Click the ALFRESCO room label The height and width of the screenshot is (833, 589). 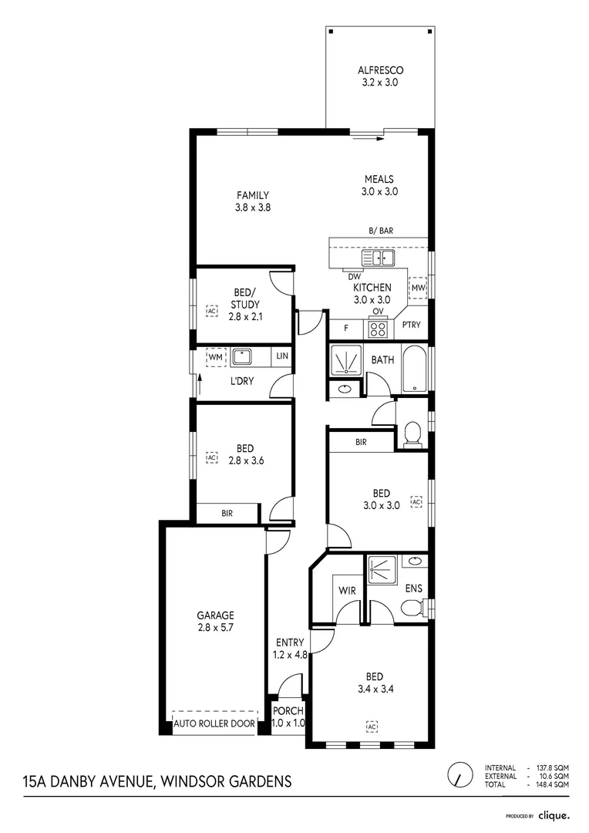tap(380, 76)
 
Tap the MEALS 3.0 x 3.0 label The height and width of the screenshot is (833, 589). tap(380, 186)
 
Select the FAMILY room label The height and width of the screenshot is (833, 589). tap(253, 201)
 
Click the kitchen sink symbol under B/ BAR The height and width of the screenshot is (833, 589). tap(382, 258)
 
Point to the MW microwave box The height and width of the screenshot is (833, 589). tap(418, 288)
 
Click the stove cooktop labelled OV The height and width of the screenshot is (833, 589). tap(378, 329)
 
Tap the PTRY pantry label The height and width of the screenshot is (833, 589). tap(412, 325)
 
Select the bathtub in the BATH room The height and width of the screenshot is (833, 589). tap(413, 368)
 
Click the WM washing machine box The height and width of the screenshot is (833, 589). tap(215, 357)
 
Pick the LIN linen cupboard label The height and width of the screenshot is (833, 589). tap(282, 356)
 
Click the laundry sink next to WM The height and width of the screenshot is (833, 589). tap(244, 357)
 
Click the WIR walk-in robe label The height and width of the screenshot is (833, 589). tap(346, 590)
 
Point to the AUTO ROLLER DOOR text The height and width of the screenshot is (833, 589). tap(215, 724)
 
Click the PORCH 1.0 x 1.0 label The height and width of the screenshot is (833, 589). tap(288, 717)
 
